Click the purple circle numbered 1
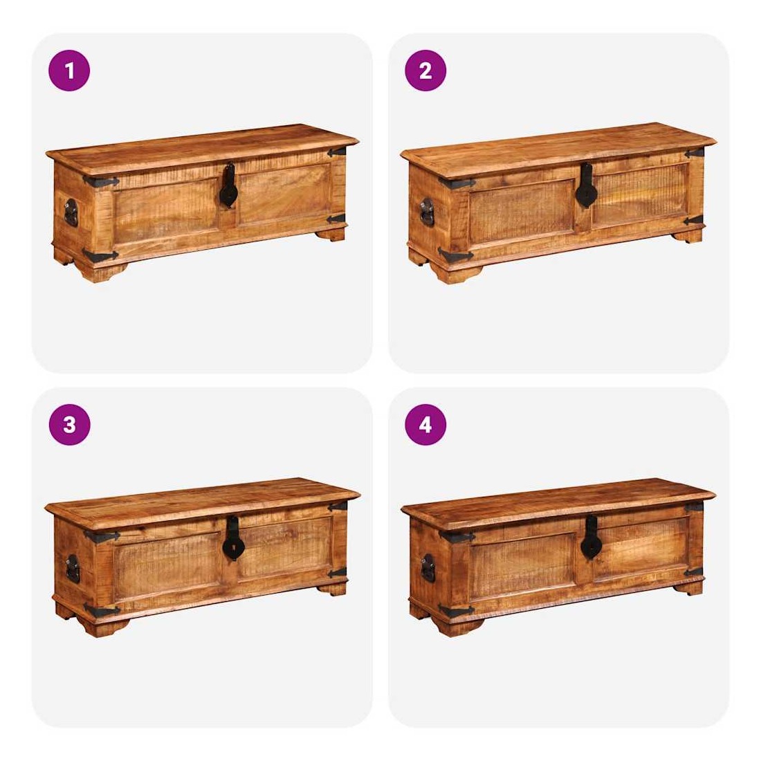pos(69,71)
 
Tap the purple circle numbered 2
pos(425,71)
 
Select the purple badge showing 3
pos(69,425)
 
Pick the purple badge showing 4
pos(425,425)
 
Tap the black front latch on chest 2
pos(586,185)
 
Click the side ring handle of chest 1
pos(71,212)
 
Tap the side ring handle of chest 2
pos(427,212)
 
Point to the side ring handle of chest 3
pos(73,568)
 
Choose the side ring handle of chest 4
pos(428,568)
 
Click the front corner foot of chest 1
pos(103,273)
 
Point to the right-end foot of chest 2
pos(688,237)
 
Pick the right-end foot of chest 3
pos(333,589)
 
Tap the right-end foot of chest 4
pos(688,589)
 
